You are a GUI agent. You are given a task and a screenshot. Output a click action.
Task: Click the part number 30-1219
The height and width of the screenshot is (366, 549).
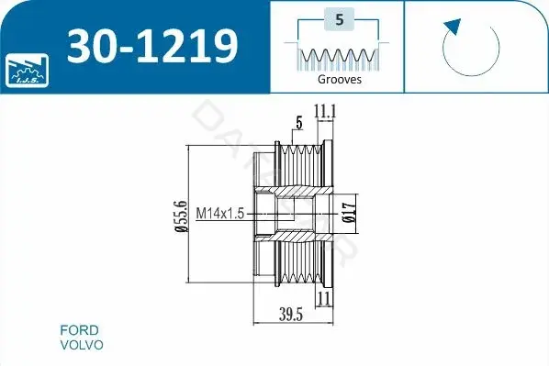(152, 46)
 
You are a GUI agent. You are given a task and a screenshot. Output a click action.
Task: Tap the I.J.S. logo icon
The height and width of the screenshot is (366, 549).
(27, 71)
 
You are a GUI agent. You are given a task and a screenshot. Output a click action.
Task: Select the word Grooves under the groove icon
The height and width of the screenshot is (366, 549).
(340, 79)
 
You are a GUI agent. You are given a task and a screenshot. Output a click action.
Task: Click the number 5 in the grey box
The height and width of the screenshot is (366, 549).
(340, 19)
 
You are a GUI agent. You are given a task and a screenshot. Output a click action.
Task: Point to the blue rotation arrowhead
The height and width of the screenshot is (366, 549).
(453, 27)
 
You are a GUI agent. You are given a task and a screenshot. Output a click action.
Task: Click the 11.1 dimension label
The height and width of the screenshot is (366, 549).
(325, 112)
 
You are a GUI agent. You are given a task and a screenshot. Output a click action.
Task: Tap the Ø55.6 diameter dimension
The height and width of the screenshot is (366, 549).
(182, 216)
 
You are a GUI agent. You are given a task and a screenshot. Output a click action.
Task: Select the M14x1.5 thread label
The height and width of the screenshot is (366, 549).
(220, 213)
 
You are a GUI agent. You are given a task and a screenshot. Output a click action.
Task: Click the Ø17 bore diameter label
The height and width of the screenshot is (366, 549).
(350, 213)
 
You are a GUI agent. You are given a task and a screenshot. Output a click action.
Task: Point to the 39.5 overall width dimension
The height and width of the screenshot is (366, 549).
(291, 315)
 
